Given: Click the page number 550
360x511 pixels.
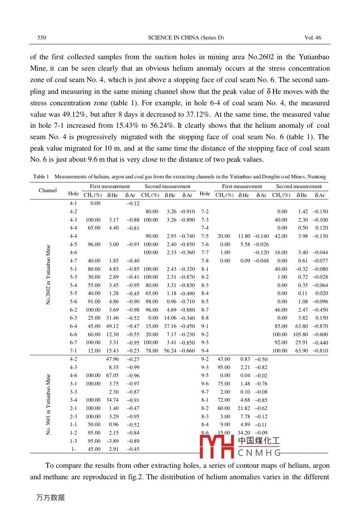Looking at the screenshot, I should point(42,38).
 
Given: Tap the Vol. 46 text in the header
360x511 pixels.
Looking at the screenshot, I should point(313,38).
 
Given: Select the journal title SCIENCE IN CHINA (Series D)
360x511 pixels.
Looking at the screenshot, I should point(186,38).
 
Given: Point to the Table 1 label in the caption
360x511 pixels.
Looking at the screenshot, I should point(41,177).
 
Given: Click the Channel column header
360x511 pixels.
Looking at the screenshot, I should point(48,190).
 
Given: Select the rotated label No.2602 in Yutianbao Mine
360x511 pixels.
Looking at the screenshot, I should point(48,275).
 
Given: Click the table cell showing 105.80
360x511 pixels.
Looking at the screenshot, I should point(300,334).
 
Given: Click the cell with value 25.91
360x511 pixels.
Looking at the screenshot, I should point(301,343).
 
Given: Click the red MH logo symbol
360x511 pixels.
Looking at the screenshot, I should point(217,446).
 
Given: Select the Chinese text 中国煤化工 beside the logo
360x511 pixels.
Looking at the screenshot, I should point(259,441).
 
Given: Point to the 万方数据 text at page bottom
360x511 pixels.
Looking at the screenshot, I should point(50,497).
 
